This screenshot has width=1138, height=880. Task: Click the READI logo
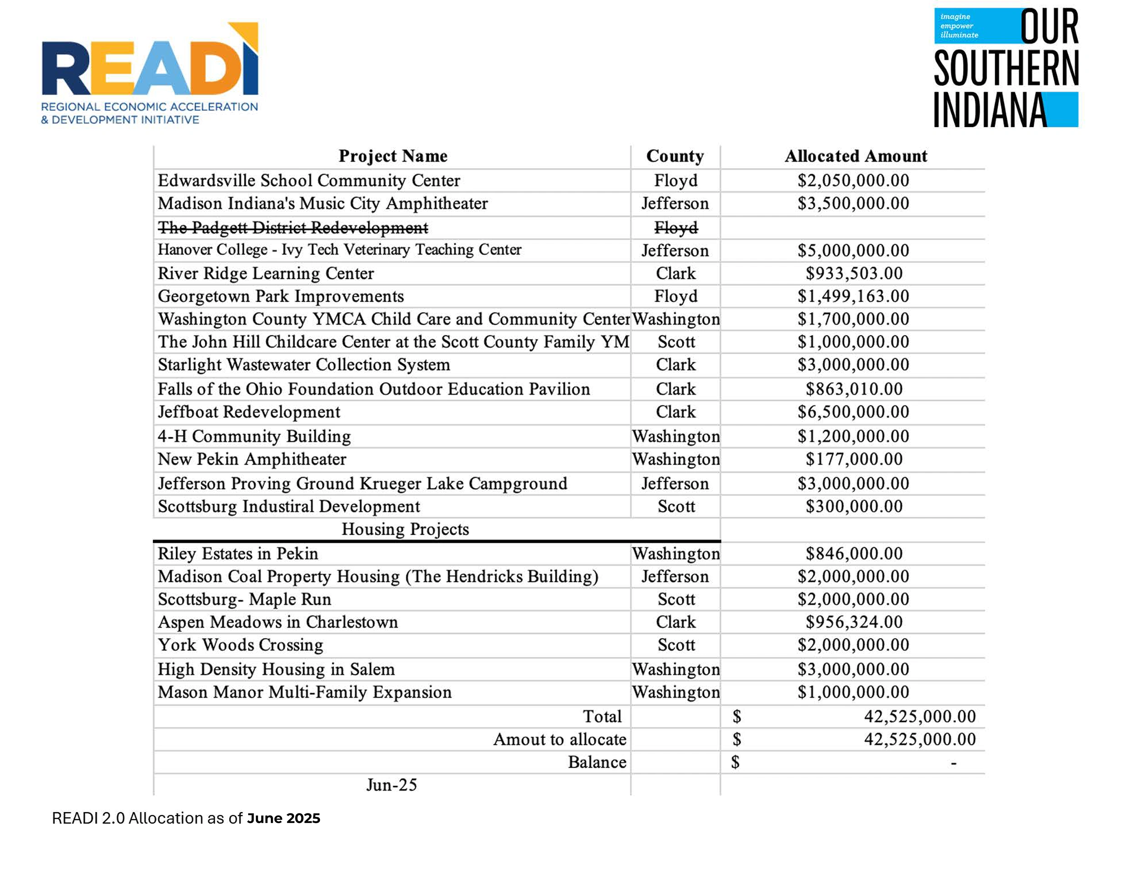pos(150,73)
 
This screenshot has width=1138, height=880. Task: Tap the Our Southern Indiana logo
pos(1006,68)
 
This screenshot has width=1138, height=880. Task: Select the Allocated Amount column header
pos(856,156)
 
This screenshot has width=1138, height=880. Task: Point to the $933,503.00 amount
pos(853,274)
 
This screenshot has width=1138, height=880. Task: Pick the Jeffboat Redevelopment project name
pos(249,412)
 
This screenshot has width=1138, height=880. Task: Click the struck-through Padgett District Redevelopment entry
pos(293,228)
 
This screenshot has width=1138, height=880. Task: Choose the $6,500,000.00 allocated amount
pos(853,412)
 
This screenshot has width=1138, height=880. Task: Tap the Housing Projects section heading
pos(405,530)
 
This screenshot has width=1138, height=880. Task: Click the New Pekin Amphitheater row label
pos(252,459)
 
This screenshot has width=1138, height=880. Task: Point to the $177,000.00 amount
pos(853,459)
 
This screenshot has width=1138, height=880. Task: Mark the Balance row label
pos(597,762)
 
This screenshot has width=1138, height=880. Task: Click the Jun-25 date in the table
pos(391,785)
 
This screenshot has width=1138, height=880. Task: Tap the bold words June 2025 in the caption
pos(284,819)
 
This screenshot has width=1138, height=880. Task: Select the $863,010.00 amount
pos(853,389)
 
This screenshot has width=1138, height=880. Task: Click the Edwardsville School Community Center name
pos(309,181)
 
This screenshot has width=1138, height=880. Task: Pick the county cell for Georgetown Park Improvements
pos(676,297)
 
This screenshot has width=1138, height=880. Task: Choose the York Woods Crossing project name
pos(241,645)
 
